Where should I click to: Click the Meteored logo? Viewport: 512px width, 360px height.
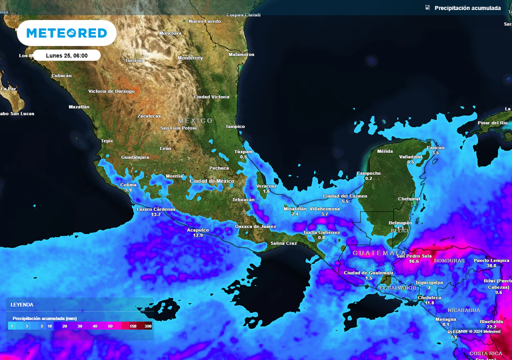tap(66, 33)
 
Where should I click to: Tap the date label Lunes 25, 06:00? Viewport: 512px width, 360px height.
tap(66, 55)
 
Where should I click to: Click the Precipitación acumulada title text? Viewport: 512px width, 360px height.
tap(467, 8)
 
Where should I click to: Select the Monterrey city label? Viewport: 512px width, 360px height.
tap(190, 58)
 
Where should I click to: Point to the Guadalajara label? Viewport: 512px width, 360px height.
tap(135, 157)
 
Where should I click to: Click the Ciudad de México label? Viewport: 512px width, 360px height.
tap(212, 181)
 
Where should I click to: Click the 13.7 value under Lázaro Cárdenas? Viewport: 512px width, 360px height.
tap(156, 214)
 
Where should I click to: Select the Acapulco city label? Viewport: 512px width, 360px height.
tap(197, 229)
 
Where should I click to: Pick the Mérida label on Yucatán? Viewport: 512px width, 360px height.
tap(385, 151)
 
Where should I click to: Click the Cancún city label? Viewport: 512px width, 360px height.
tap(435, 147)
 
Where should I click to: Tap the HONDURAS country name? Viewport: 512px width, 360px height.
tap(449, 261)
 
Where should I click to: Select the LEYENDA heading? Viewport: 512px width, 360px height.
tap(22, 304)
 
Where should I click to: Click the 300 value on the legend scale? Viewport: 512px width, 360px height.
tap(147, 326)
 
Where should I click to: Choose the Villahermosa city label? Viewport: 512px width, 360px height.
tap(324, 208)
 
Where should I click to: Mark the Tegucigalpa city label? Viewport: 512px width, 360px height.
tap(428, 282)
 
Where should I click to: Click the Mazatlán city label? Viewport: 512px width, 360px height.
tap(78, 107)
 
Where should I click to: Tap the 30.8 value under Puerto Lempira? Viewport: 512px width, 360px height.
tap(491, 265)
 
